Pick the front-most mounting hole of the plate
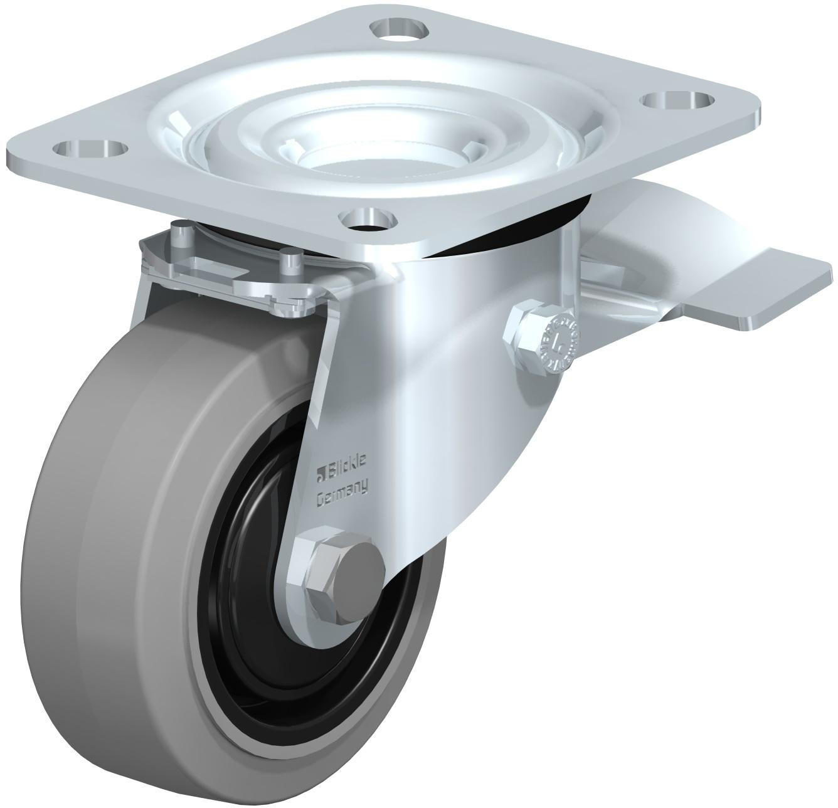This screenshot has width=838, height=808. pos(369,219)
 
